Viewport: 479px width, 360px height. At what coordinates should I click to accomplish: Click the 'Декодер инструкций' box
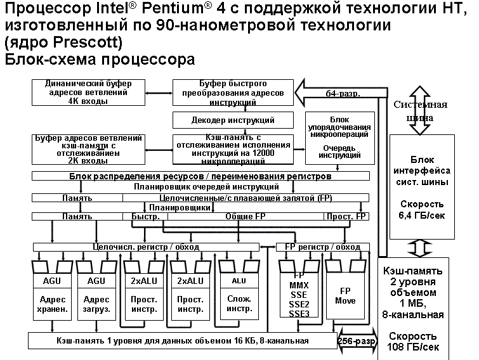[x=233, y=120]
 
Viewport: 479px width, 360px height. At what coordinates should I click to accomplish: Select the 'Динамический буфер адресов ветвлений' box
[x=87, y=92]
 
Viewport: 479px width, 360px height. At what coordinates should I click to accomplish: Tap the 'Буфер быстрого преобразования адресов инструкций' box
[x=233, y=93]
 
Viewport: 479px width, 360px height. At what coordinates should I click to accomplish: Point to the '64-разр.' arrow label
[x=343, y=94]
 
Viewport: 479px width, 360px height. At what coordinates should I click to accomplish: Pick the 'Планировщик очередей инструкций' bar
[x=206, y=186]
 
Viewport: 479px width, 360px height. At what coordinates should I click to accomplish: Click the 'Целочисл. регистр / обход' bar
[x=147, y=246]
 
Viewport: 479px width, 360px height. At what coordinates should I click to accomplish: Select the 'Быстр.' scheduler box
[x=145, y=216]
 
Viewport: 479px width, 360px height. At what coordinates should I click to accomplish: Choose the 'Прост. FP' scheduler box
[x=346, y=216]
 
